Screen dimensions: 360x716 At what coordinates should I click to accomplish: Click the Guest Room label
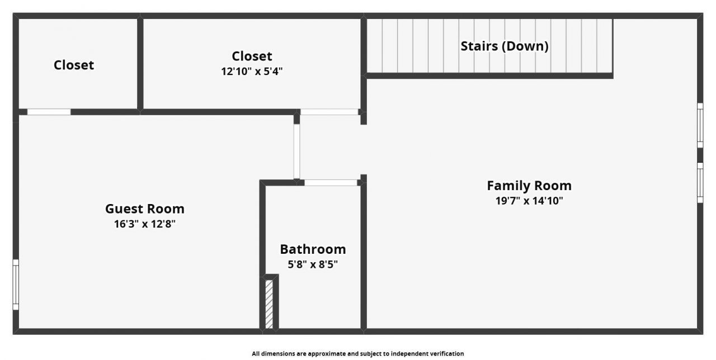144,209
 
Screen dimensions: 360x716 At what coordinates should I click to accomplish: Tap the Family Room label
529,186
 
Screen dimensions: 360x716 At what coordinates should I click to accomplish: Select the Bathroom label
313,249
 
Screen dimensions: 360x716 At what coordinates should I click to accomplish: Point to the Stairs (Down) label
504,46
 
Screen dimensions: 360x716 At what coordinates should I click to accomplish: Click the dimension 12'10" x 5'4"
252,72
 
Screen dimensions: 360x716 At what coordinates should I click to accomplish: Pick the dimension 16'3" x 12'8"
145,224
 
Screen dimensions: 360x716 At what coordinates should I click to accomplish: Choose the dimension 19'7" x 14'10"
529,201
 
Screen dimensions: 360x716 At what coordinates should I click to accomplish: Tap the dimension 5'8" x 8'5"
313,264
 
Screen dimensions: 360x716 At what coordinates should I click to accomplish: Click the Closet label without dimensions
74,65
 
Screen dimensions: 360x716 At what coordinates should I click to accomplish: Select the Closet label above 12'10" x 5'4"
252,56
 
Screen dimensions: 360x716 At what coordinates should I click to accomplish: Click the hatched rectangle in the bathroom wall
269,304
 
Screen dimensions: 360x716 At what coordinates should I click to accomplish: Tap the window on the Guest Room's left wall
16,285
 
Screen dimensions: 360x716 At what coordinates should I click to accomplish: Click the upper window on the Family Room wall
700,125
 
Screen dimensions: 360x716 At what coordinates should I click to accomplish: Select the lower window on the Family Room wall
700,182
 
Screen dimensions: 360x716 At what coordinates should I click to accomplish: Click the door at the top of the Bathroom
331,182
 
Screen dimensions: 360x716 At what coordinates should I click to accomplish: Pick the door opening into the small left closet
49,112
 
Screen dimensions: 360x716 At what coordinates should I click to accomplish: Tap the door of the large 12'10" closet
329,112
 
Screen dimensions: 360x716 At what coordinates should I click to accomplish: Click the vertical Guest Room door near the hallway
296,151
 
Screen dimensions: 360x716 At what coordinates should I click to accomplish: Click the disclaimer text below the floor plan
357,353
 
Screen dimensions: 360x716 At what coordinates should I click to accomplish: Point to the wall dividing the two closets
140,64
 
